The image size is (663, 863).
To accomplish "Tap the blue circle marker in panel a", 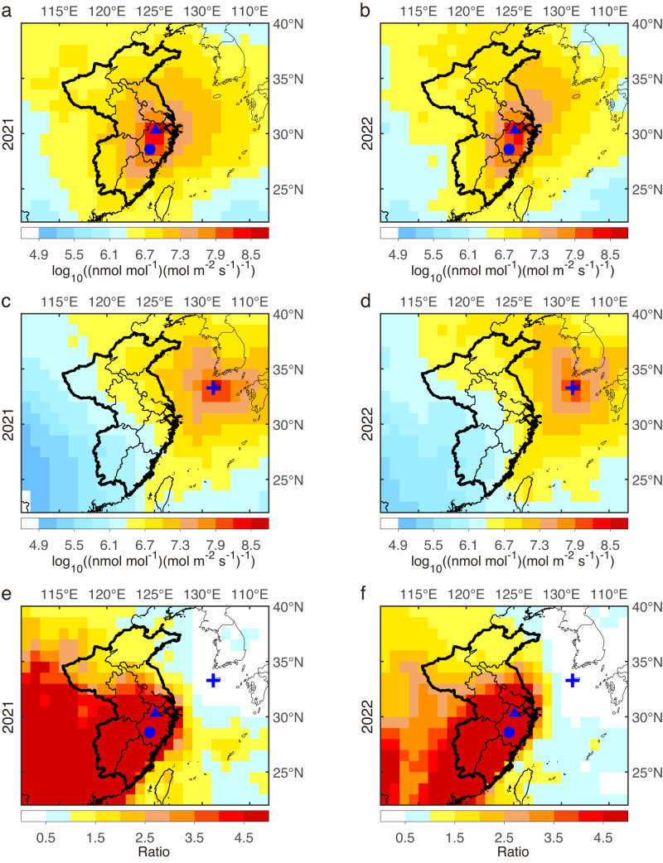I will [x=150, y=149].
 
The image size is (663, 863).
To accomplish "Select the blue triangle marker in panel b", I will [x=515, y=128].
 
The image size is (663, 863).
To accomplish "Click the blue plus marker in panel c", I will [x=213, y=387].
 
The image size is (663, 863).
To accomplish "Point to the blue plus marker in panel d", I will [x=572, y=387].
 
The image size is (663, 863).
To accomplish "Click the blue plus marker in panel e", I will [x=213, y=680].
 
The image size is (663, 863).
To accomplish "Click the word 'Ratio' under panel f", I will [x=504, y=851].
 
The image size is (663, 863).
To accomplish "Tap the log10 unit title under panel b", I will [x=504, y=269].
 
